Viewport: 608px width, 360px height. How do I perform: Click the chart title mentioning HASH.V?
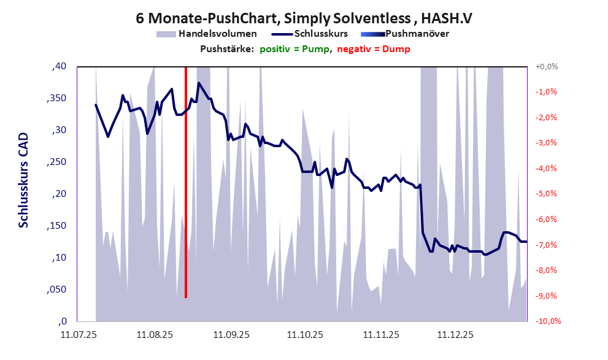click(x=304, y=18)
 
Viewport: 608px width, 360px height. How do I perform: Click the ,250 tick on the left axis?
click(x=56, y=162)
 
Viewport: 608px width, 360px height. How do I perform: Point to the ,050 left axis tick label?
click(x=56, y=289)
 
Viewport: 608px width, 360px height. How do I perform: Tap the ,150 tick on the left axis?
click(x=56, y=226)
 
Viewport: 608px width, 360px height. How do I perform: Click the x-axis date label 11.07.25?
click(x=78, y=335)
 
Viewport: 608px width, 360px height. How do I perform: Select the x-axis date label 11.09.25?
click(x=231, y=335)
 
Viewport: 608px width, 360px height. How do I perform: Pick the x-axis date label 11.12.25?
click(x=455, y=335)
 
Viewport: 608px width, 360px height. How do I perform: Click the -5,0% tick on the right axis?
click(x=547, y=194)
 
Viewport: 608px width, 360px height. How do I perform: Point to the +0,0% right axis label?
click(x=546, y=66)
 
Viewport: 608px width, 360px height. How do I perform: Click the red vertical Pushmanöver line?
click(x=185, y=184)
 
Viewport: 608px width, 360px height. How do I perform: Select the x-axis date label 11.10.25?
click(x=306, y=335)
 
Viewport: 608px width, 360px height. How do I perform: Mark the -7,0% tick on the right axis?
click(x=547, y=245)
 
